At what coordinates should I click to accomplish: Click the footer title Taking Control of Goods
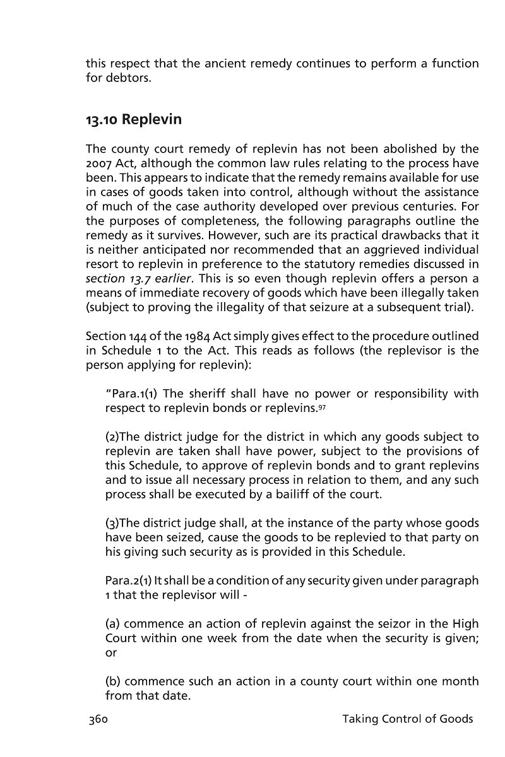(407, 719)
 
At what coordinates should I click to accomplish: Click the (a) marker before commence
(113, 624)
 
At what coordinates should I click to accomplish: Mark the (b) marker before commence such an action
(113, 682)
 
